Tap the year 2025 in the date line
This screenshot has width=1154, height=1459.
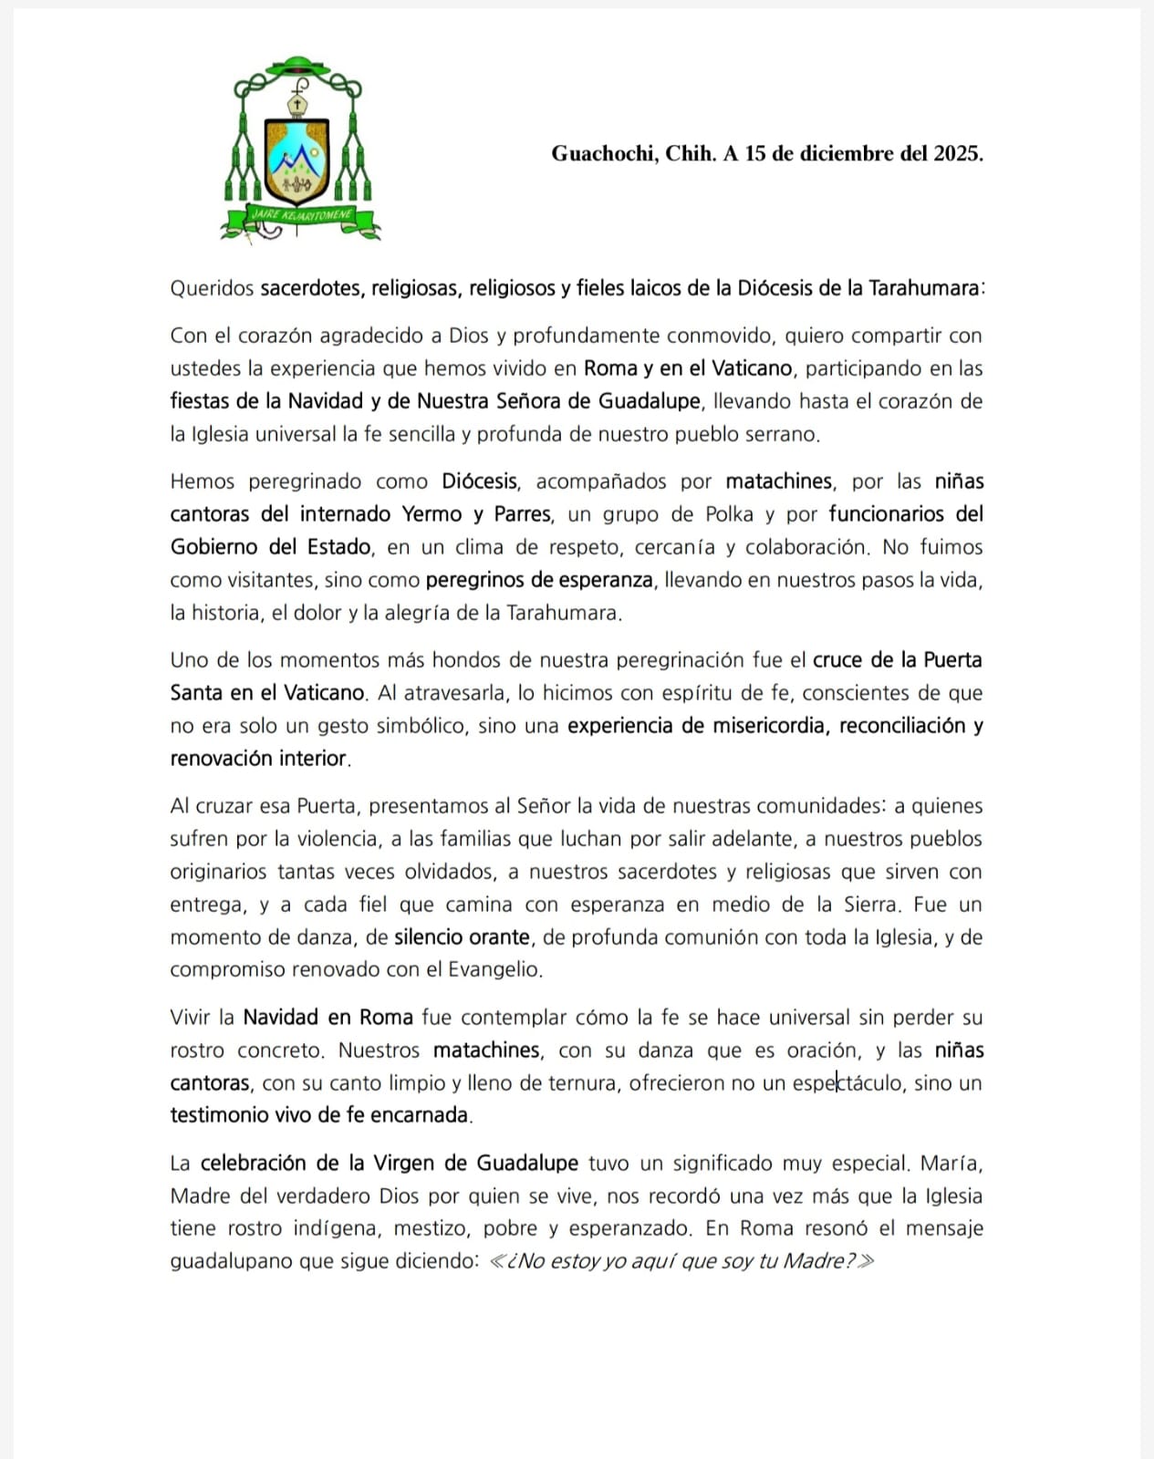[x=956, y=154]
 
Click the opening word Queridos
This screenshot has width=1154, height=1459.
[x=212, y=288]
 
